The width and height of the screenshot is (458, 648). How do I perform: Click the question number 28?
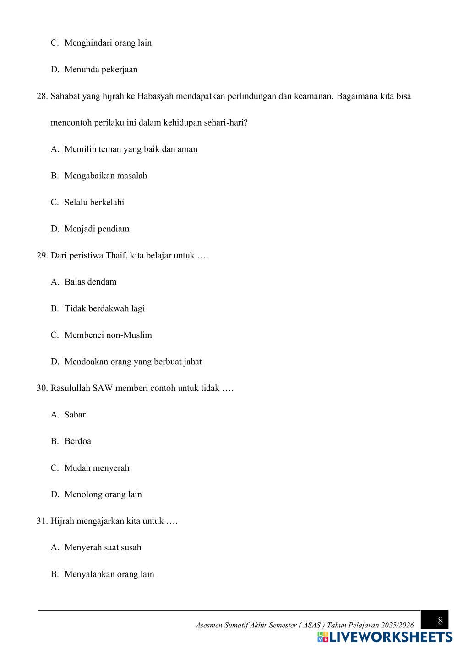point(42,96)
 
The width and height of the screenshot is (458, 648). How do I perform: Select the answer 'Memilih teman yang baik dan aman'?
point(131,149)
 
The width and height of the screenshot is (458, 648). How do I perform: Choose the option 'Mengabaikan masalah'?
point(105,176)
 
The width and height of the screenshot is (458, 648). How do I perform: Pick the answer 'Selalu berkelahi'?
point(94,203)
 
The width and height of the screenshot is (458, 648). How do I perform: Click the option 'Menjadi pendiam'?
point(97,229)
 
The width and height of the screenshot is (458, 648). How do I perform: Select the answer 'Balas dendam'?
point(90,282)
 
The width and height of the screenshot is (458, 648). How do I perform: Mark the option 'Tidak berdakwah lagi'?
point(104,309)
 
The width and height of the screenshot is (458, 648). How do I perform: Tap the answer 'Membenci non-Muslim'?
point(108,335)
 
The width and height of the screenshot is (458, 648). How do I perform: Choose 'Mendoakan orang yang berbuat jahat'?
point(133,362)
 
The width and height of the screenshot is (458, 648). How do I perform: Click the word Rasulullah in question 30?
point(70,389)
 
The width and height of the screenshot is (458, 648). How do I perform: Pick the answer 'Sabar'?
point(75,415)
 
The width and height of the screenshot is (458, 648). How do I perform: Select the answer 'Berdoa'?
point(77,442)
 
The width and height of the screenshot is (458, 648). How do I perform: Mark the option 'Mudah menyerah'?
point(97,468)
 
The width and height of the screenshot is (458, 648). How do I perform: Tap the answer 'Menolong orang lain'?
point(103,495)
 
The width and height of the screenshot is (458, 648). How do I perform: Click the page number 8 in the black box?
point(440,621)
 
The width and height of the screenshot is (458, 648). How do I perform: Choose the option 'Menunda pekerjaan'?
point(101,70)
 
